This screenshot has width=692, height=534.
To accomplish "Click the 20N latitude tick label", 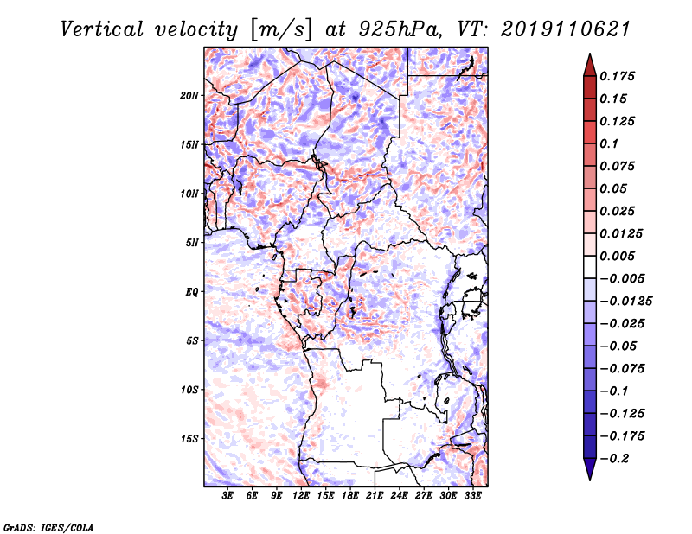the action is click(x=189, y=96).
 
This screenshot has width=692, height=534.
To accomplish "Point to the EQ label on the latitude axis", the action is click(x=192, y=292).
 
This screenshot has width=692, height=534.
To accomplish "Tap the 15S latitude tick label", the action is click(x=189, y=439).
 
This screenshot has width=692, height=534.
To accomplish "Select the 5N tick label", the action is click(x=192, y=243).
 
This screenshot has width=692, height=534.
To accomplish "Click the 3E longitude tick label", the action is click(x=227, y=496).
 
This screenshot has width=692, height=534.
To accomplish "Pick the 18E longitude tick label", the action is click(x=350, y=496).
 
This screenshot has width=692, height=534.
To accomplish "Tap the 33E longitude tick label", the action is click(x=472, y=496).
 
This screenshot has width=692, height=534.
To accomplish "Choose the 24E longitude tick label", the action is click(x=399, y=496).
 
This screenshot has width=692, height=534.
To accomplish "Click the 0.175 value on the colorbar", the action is click(x=618, y=76).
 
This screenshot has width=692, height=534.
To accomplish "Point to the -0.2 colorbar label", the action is click(x=614, y=459).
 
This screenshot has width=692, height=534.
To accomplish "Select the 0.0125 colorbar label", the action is click(x=621, y=233).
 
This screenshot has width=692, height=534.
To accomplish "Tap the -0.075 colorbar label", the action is click(x=622, y=369).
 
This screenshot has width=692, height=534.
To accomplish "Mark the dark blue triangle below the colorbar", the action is click(x=590, y=468).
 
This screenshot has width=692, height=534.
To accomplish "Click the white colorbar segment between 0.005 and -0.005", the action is click(x=590, y=267).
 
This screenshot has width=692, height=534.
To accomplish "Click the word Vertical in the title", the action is click(x=102, y=29).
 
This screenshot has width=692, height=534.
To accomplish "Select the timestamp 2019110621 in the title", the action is click(x=566, y=29).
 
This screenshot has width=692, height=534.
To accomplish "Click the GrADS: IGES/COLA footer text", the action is click(x=48, y=528).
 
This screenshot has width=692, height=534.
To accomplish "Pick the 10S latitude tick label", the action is click(x=189, y=390).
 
